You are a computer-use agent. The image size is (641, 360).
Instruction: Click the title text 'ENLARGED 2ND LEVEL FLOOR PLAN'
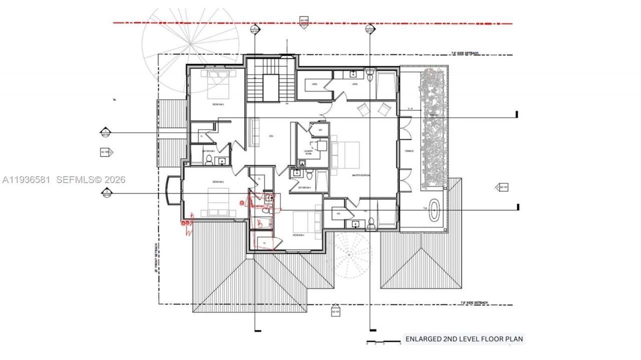464,339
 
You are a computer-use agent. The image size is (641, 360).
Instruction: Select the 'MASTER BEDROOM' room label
361,175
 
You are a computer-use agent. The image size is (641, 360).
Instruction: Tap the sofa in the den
254,133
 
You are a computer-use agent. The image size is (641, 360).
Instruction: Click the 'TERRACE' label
409,151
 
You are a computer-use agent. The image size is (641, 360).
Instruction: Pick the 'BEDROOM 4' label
299,234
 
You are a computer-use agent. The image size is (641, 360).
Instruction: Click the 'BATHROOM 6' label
304,188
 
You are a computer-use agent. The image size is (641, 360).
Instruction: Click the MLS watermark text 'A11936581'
26,179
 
